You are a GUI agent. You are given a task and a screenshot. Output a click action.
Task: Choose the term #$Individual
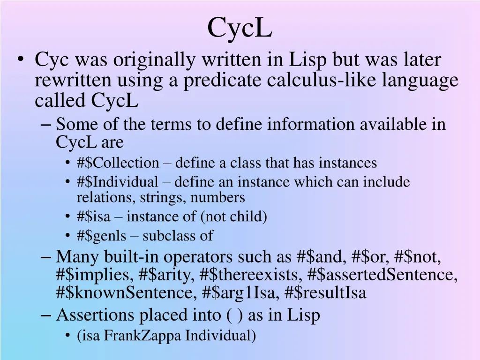pyautogui.click(x=118, y=182)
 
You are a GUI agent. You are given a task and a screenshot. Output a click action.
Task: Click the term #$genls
pyautogui.click(x=101, y=235)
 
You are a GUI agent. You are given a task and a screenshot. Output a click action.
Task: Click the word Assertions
pyautogui.click(x=96, y=315)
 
